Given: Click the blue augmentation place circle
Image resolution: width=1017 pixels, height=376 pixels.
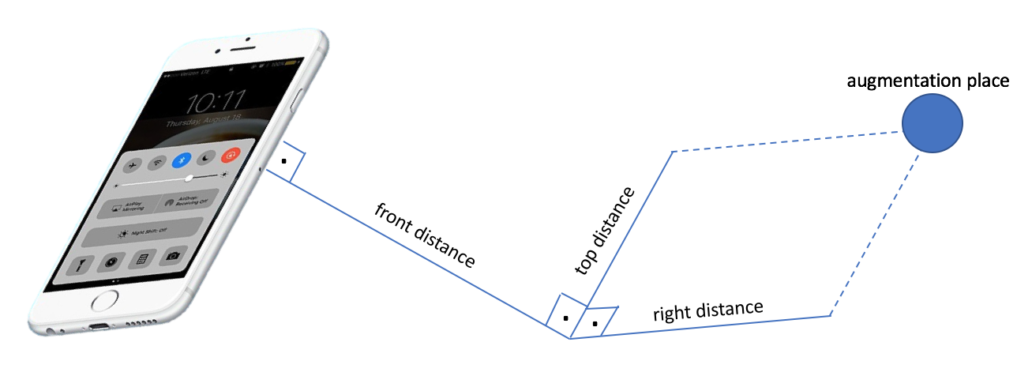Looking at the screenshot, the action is coord(933,123).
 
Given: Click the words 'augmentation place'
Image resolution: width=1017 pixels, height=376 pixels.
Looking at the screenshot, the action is coord(928,81).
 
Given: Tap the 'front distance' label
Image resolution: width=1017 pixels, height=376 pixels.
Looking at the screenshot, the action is coord(425,235).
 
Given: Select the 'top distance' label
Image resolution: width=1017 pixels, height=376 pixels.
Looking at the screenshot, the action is coord(605,231).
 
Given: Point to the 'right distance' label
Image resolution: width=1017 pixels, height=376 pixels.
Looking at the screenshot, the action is coord(707,310).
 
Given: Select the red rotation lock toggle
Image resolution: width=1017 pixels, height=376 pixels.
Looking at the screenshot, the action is coord(232,156).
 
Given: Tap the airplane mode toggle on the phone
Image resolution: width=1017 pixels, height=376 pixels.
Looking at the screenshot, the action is coord(133,164).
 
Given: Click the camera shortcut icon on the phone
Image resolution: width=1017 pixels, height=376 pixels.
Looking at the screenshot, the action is coord(173,256).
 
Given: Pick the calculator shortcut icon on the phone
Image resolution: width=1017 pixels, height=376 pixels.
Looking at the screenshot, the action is coord(142,259).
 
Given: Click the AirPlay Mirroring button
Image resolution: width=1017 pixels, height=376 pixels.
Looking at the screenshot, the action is coord(126,207).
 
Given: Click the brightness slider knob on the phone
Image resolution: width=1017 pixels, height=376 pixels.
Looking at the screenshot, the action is coord(188,179).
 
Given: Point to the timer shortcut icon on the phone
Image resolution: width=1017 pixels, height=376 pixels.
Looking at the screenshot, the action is coord(112,262).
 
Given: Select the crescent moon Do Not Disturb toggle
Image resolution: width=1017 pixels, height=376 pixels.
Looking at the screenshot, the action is coord(208,158).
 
